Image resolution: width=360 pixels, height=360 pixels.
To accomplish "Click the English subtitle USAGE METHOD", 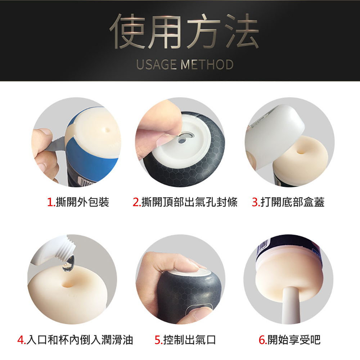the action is coord(185,64).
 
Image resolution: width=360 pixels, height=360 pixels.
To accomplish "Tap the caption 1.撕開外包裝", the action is coord(78,202).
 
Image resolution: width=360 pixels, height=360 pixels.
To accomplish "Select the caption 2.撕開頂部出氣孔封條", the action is coord(185,202).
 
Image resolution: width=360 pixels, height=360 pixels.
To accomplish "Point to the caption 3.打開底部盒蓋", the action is coord(288,202).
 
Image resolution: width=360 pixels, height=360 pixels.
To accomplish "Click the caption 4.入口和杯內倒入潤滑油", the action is coord(75,340).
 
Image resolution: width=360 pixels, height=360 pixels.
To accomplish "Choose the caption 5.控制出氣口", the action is coord(185,340).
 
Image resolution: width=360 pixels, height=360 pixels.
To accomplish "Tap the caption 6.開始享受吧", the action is coord(289,340).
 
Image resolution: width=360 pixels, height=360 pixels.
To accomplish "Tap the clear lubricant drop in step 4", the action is coord(69,264).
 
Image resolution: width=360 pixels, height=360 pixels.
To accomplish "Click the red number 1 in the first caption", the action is coord(50,202).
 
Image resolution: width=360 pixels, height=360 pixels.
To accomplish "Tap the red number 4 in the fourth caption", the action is coord(21,340).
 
